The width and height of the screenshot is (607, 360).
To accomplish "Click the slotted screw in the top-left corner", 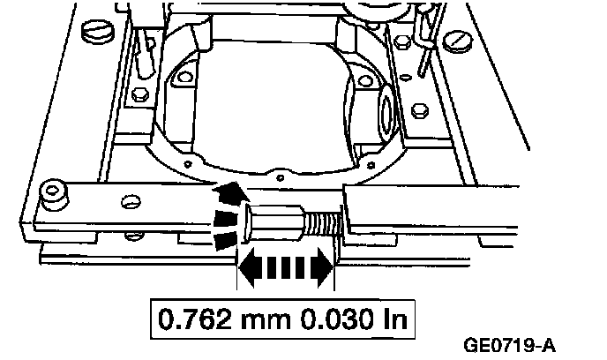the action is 98,31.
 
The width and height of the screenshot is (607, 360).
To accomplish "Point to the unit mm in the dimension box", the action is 266,320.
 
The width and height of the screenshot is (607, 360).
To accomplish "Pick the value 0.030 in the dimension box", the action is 335,319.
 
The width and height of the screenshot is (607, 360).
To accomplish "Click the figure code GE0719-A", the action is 509,345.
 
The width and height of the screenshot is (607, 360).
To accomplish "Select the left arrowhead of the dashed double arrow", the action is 247,266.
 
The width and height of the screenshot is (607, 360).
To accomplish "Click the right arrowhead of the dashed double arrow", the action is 325,266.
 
